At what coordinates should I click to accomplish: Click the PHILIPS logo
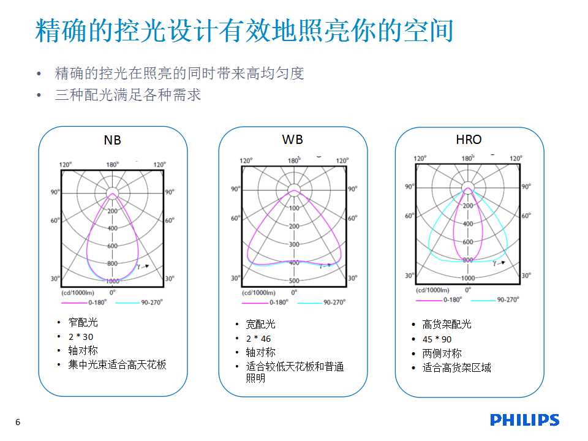[x=524, y=420]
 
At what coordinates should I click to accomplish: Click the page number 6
[x=18, y=422]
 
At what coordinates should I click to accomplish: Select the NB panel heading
[x=112, y=140]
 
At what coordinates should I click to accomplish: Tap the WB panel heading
[x=293, y=140]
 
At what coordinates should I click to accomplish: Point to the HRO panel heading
[x=469, y=140]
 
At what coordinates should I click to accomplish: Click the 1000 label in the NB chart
[x=113, y=281]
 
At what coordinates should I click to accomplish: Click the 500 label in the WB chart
[x=294, y=281]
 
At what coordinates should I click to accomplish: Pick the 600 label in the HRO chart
[x=467, y=242]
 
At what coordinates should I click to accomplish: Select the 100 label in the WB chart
[x=294, y=208]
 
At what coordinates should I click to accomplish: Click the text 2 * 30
[x=81, y=337]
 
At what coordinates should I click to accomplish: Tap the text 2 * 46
[x=258, y=339]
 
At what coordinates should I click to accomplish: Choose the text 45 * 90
[x=437, y=339]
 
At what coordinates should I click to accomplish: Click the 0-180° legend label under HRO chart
[x=453, y=300]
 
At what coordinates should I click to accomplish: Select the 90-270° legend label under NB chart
[x=152, y=302]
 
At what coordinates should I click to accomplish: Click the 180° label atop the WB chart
[x=294, y=160]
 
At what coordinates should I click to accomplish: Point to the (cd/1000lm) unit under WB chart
[x=258, y=293]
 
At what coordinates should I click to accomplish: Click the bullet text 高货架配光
[x=447, y=324]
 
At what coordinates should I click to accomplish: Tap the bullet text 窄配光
[x=83, y=322]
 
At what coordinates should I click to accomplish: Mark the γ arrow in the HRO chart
[x=499, y=263]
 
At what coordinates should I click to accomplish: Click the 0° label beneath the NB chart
[x=113, y=292]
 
